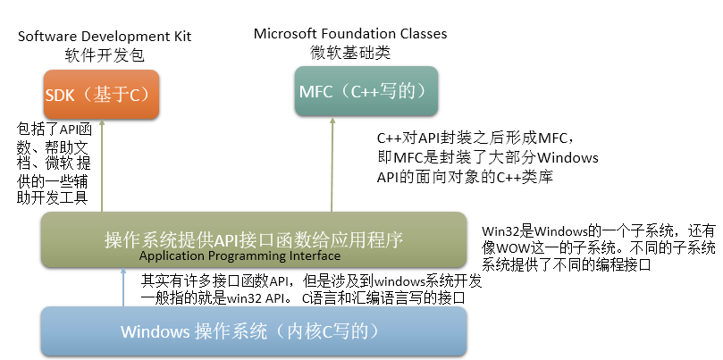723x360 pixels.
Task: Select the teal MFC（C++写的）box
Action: [368, 93]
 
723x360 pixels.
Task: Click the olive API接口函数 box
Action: [254, 239]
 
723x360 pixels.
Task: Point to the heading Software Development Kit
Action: [105, 37]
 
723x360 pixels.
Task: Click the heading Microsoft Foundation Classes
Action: [350, 34]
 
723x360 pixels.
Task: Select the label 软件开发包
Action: [105, 55]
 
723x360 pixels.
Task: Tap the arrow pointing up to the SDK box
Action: [102, 165]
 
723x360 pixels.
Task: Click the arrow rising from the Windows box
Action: [123, 286]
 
